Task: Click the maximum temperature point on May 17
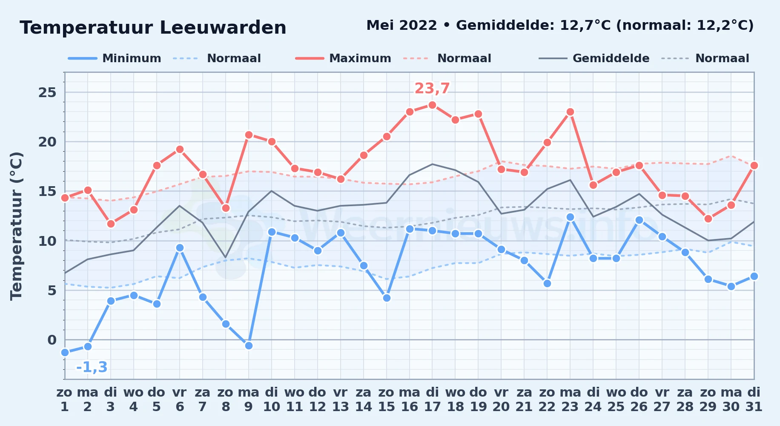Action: [432, 105]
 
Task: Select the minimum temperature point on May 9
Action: [249, 345]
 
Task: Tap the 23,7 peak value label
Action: [432, 88]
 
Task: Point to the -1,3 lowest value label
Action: [92, 367]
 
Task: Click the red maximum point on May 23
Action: [570, 112]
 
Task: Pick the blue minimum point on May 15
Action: [387, 298]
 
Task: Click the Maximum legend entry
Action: [343, 58]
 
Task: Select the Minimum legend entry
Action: [115, 58]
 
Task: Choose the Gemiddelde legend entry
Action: [594, 58]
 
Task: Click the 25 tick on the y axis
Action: [47, 92]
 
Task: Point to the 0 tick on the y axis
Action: [52, 340]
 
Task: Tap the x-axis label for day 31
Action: [754, 399]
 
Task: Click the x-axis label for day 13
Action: [341, 399]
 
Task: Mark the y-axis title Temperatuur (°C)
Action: [16, 226]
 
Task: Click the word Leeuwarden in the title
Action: [223, 28]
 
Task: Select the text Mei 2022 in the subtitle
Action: [401, 25]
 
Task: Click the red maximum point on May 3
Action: [111, 224]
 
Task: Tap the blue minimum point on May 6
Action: [180, 248]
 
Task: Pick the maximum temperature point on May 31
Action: [754, 165]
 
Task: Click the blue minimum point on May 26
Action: [639, 220]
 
